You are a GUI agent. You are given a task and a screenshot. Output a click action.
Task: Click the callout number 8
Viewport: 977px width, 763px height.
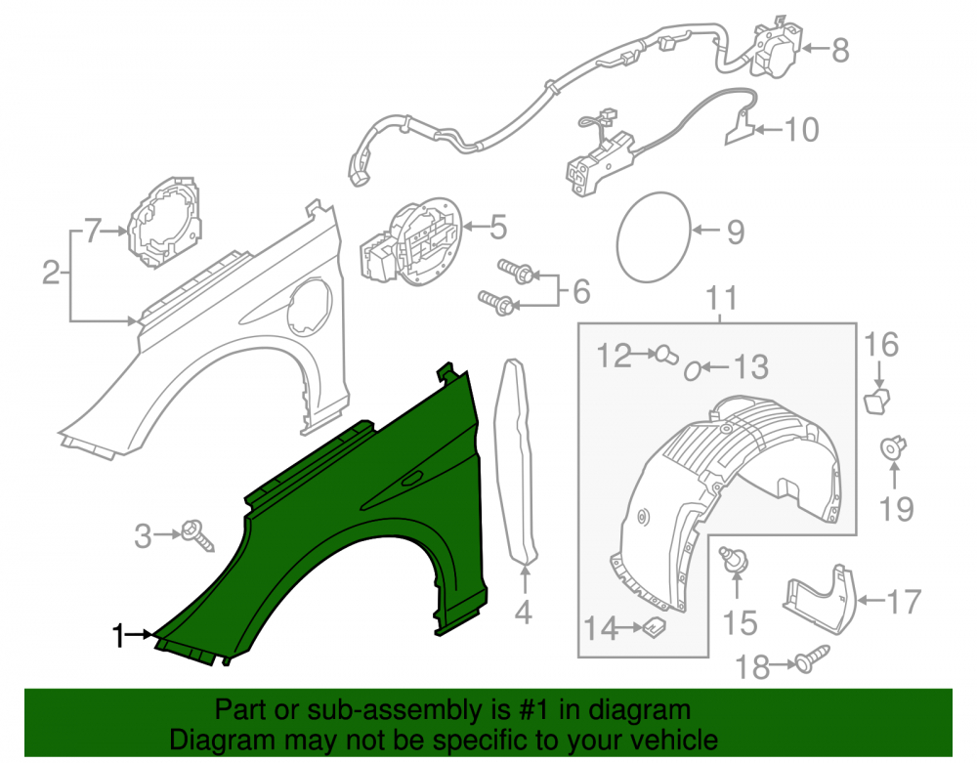840,50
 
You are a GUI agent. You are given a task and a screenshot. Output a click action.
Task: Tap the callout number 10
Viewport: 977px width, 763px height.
801,130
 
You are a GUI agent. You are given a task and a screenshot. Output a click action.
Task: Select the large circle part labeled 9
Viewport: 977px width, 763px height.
654,236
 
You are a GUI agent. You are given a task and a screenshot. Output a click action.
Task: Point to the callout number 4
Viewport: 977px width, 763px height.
524,613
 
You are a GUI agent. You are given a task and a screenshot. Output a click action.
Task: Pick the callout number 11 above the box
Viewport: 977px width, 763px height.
722,298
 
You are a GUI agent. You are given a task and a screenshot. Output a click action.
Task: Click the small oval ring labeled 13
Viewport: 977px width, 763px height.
693,372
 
